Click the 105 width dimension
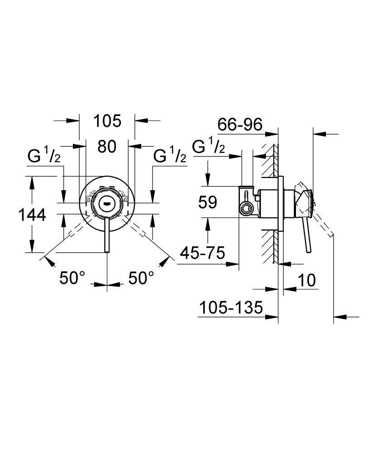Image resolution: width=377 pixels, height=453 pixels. pyautogui.click(x=107, y=121)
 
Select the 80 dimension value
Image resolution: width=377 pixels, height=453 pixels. pyautogui.click(x=107, y=146)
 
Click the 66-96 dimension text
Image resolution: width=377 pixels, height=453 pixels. pyautogui.click(x=240, y=125)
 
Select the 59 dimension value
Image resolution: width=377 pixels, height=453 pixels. pyautogui.click(x=208, y=202)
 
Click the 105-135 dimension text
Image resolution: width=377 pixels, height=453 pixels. pyautogui.click(x=231, y=308)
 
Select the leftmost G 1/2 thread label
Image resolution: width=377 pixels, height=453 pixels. pyautogui.click(x=43, y=156)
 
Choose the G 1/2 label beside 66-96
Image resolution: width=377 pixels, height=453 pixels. pyautogui.click(x=208, y=147)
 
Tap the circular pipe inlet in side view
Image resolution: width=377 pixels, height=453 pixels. pyautogui.click(x=246, y=209)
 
